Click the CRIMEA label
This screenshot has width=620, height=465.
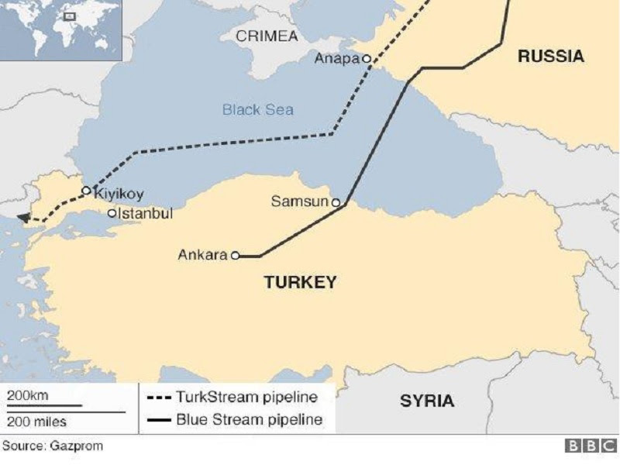[267, 36]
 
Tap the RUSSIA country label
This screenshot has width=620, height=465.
[550, 56]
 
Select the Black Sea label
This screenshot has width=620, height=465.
[258, 110]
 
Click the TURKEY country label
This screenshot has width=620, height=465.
[301, 282]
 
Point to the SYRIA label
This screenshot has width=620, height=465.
[427, 401]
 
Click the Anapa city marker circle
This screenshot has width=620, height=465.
[367, 59]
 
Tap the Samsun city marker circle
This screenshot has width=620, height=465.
[336, 202]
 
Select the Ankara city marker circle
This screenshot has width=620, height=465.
[235, 254]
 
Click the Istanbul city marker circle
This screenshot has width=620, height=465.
[112, 213]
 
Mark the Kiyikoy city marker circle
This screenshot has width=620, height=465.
[86, 190]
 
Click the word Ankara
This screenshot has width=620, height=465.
[202, 254]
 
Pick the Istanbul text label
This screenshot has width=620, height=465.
[145, 213]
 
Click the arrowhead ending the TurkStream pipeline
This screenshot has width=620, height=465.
[24, 219]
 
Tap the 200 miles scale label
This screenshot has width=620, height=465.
[37, 422]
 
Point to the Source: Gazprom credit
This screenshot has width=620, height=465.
[53, 446]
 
